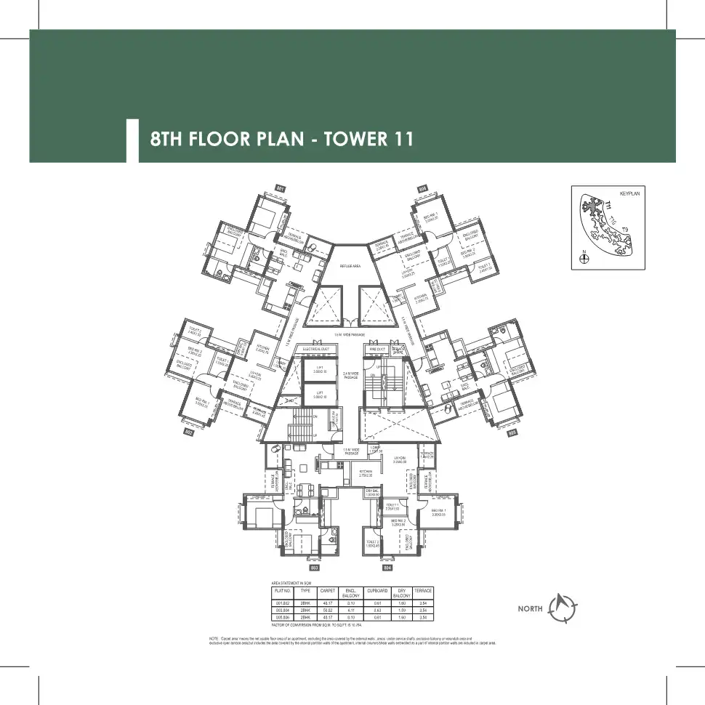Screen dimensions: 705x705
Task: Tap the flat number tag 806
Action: (x=422, y=188)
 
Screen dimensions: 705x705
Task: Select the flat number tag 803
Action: (x=315, y=566)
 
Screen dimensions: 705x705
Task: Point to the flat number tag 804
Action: (x=387, y=566)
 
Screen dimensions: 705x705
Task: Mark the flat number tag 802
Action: (x=188, y=432)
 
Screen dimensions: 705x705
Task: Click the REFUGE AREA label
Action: (x=351, y=267)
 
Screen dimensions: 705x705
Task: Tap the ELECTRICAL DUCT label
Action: (x=318, y=350)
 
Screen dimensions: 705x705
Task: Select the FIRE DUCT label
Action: (x=377, y=350)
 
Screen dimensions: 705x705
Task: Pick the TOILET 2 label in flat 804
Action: (x=373, y=543)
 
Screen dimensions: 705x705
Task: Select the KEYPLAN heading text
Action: (x=629, y=194)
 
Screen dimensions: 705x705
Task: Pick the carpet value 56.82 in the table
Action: (x=327, y=610)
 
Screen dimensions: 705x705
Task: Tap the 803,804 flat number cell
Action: (x=281, y=610)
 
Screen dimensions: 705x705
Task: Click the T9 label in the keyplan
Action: (x=624, y=230)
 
